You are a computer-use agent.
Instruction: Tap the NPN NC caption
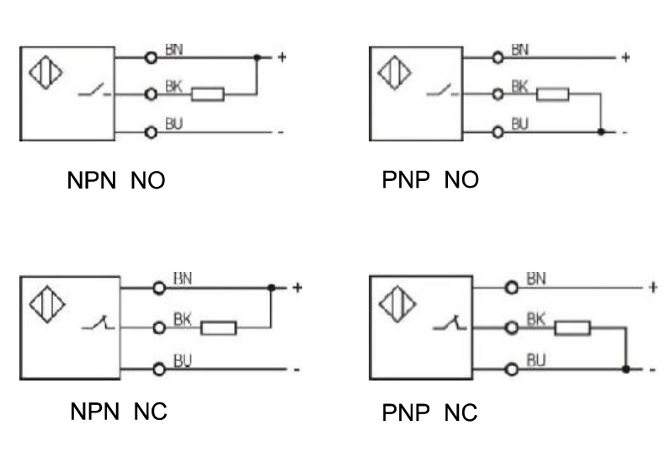pos(118,412)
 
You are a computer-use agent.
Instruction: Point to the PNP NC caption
pos(429,412)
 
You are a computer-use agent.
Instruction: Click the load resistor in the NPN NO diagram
pos(207,94)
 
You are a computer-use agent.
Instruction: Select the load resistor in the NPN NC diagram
pos(219,327)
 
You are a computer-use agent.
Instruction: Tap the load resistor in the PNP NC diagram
pos(572,326)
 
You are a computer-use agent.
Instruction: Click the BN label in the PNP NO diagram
pos(519,50)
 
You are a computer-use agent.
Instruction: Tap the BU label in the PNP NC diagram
pos(537,360)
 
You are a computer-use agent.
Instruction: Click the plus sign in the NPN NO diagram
pos(281,58)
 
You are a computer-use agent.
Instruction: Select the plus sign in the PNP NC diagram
pos(652,288)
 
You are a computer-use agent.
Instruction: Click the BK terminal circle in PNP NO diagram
pos(497,94)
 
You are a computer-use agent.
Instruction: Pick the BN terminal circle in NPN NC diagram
pos(157,288)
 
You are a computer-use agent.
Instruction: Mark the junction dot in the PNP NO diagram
pos(599,132)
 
